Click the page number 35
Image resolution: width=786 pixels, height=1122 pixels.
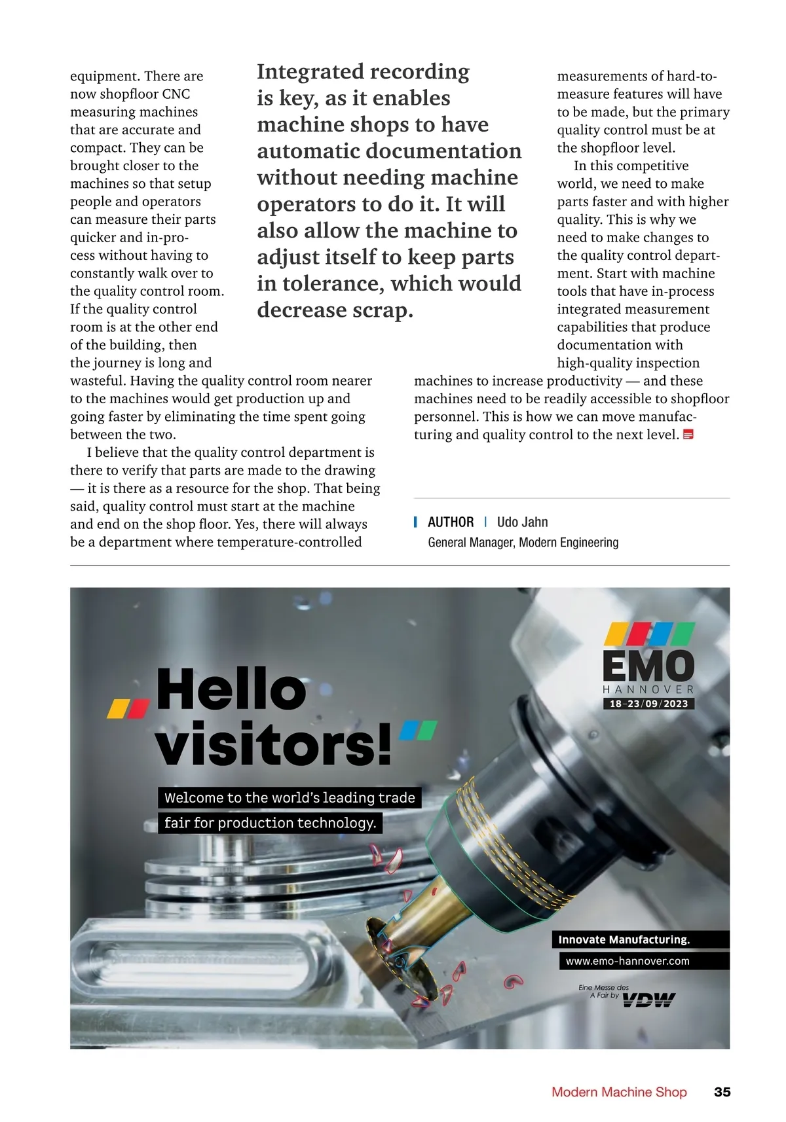click(x=722, y=1092)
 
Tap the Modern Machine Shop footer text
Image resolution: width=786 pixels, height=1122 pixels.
click(x=619, y=1092)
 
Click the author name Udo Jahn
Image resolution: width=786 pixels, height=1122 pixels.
click(x=522, y=522)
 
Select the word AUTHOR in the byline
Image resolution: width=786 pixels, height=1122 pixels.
click(x=451, y=522)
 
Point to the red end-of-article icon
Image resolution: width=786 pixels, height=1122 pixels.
click(x=688, y=434)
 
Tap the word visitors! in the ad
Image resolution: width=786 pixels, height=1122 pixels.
click(x=273, y=744)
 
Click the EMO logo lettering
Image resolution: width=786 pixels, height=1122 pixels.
click(x=648, y=666)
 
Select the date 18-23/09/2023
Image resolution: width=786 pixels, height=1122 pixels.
click(x=648, y=704)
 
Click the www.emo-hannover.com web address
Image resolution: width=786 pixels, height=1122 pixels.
click(x=627, y=961)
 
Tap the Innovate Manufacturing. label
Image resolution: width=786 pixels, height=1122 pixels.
click(x=624, y=939)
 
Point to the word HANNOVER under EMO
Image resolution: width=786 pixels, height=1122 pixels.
click(x=648, y=689)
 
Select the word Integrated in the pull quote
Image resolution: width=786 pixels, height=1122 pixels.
click(x=307, y=71)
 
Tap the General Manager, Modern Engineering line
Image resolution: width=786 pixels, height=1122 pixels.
click(x=523, y=542)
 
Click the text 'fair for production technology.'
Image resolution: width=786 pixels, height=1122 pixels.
click(x=270, y=823)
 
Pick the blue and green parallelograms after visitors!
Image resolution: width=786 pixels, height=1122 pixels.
click(x=418, y=729)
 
